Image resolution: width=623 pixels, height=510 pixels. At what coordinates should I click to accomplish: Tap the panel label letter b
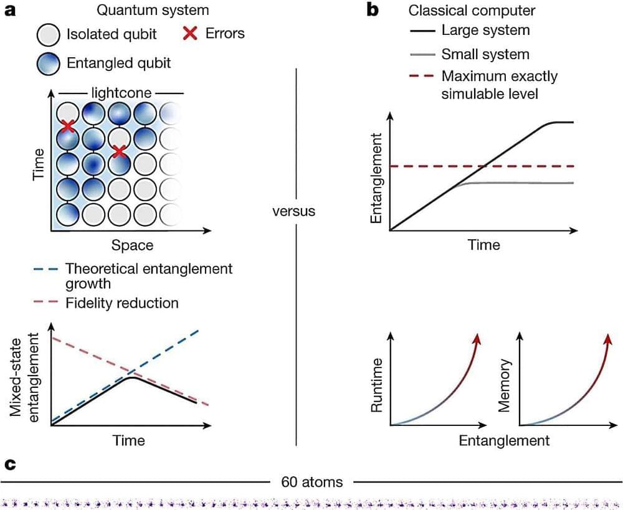(x=374, y=11)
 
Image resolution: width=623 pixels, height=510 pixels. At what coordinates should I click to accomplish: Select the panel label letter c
(x=9, y=464)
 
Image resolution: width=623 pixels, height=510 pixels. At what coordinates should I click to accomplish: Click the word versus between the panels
(x=294, y=211)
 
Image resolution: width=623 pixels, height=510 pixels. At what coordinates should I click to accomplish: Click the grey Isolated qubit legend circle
(x=48, y=34)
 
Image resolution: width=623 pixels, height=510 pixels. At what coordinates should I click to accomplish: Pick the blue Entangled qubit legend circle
(x=48, y=63)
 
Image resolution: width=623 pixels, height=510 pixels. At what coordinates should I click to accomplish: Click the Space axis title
(x=132, y=245)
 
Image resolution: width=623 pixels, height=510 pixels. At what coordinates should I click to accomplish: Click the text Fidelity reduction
(x=122, y=303)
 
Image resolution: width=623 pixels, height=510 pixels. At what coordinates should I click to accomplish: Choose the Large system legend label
(x=485, y=30)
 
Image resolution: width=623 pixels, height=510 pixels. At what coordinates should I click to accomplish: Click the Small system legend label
(x=485, y=54)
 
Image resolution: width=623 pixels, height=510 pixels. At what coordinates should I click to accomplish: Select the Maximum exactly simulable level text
(x=499, y=85)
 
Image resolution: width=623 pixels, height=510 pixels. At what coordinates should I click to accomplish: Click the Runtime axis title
(x=376, y=386)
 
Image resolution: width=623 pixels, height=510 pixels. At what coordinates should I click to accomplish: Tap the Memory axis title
(x=505, y=386)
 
